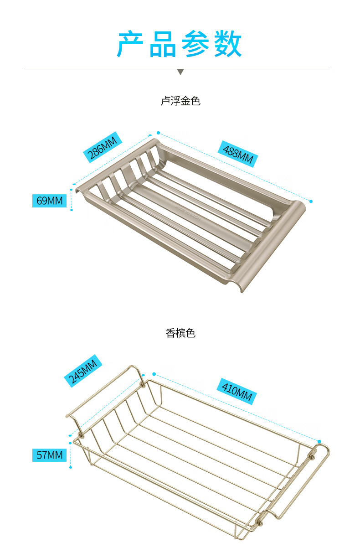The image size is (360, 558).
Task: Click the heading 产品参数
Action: coord(180,44)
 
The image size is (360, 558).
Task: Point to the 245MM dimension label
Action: coord(83,370)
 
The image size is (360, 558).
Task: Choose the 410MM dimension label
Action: coord(237,391)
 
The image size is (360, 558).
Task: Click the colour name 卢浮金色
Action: coord(180,101)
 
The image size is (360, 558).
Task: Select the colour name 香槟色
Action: coord(180,333)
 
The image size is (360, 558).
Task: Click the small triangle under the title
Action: coord(180,72)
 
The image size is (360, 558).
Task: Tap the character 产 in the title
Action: coord(131,44)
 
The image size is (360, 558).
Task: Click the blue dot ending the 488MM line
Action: coord(311,201)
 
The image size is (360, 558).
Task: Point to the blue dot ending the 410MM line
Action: coord(319,441)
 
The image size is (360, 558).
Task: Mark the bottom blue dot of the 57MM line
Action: coord(71,467)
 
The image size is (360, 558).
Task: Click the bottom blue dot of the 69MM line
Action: coord(72,210)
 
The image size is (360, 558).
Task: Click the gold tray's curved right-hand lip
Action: coord(273,246)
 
